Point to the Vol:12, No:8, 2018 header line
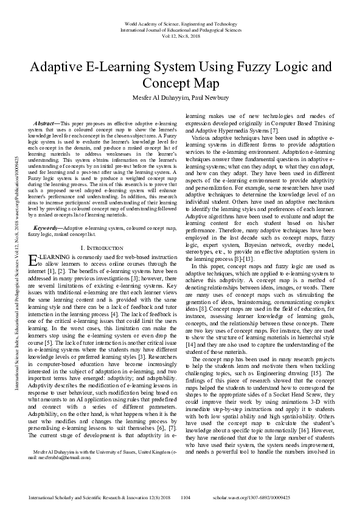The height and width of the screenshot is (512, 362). [181, 36]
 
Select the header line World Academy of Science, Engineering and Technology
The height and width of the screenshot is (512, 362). [181, 22]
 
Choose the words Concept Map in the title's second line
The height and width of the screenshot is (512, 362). [181, 83]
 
